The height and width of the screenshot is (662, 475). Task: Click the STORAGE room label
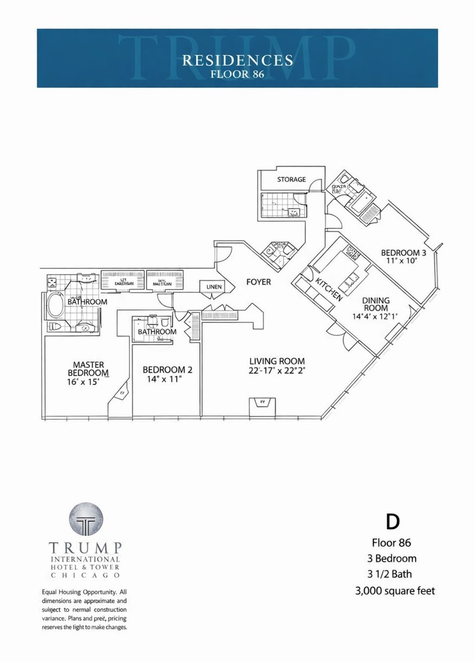pyautogui.click(x=291, y=180)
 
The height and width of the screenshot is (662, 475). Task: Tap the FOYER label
pyautogui.click(x=258, y=283)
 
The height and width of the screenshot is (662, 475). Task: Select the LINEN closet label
pyautogui.click(x=215, y=287)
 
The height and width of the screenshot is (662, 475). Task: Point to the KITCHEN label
pyautogui.click(x=329, y=289)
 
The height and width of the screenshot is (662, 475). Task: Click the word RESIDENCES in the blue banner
pyautogui.click(x=237, y=60)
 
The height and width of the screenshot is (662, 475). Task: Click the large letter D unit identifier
pyautogui.click(x=393, y=522)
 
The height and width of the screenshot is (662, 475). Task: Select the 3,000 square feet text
pyautogui.click(x=395, y=591)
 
